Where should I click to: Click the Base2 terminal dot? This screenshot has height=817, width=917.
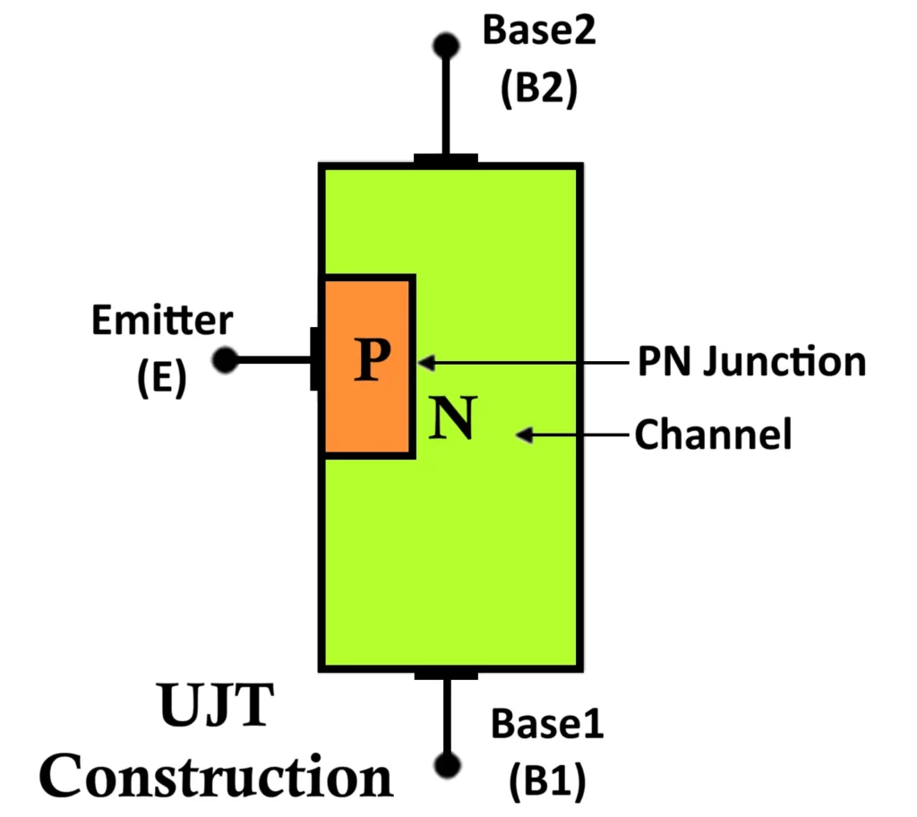point(445,44)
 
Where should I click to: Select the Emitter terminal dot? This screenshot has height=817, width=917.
point(226,360)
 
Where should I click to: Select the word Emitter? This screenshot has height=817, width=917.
point(162,320)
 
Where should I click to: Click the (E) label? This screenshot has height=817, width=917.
point(162,377)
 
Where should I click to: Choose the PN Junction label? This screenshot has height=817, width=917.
point(750,362)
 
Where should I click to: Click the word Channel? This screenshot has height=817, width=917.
point(713,435)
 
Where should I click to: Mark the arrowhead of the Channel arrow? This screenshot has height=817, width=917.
point(525,435)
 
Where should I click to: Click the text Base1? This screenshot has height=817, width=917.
point(547,724)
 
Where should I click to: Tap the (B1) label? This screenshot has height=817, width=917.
point(547,782)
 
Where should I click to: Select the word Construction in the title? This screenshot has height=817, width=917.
point(219,776)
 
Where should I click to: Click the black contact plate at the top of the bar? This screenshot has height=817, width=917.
point(445,160)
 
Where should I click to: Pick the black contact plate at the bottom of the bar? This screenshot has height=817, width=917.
point(445,673)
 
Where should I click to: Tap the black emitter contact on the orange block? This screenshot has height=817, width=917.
point(316,358)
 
